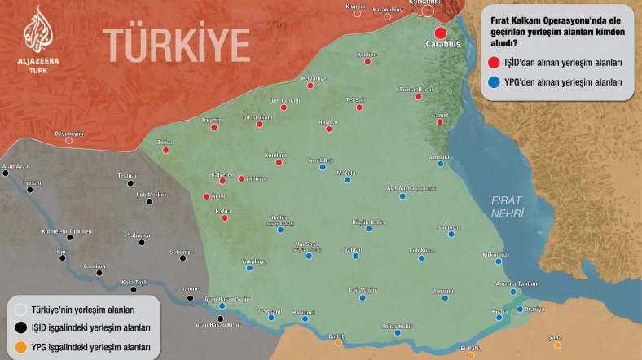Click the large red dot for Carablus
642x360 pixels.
click(440, 32)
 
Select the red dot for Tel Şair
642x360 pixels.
click(358, 107)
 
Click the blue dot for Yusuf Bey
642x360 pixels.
click(323, 167)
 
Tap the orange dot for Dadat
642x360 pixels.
click(338, 342)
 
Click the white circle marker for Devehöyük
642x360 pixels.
click(68, 140)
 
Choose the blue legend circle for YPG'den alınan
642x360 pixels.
click(494, 82)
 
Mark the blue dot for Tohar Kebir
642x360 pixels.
click(397, 332)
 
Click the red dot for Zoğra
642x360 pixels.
click(165, 150)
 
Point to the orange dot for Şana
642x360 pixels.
click(557, 345)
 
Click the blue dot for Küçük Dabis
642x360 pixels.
click(368, 230)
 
